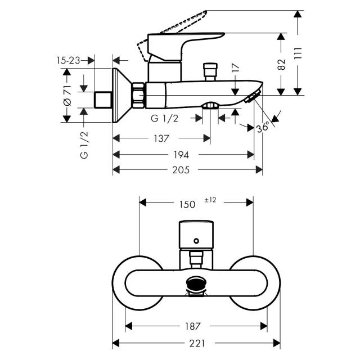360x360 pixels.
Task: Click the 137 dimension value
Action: click(161, 138)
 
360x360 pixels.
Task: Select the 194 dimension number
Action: click(181, 155)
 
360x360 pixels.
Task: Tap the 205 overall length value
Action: click(181, 170)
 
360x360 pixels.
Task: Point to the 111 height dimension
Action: click(298, 53)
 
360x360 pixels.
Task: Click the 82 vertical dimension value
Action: click(281, 65)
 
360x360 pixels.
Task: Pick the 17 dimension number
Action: click(236, 68)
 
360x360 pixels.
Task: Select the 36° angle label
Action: click(263, 127)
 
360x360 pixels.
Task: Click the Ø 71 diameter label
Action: click(67, 95)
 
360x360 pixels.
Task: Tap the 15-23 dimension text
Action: click(68, 61)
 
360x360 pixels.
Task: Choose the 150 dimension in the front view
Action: click(187, 204)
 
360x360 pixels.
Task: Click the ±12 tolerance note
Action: click(210, 200)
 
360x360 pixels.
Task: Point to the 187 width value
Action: click(193, 326)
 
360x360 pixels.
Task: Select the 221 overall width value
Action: click(197, 344)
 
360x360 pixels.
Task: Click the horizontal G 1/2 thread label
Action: click(164, 119)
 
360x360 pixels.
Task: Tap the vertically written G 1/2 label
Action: click(84, 145)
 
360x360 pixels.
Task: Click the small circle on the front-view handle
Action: click(196, 241)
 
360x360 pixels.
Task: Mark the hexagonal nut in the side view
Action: click(138, 95)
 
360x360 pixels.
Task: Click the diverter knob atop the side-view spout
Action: click(210, 71)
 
